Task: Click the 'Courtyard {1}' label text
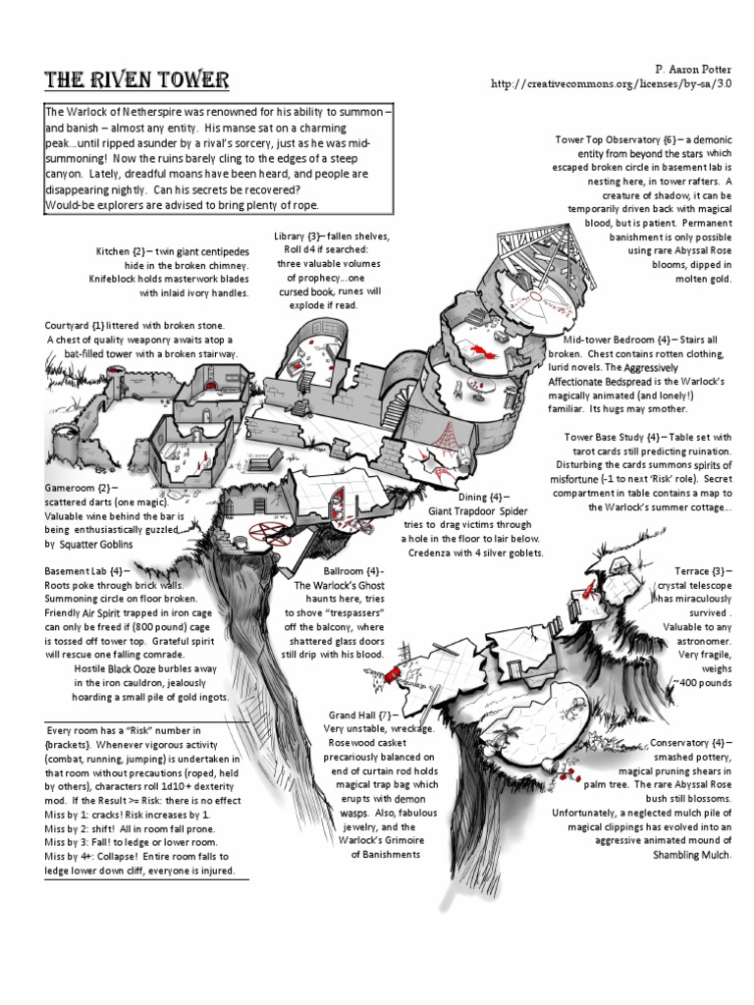(x=80, y=325)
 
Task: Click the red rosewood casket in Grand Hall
(x=390, y=674)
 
